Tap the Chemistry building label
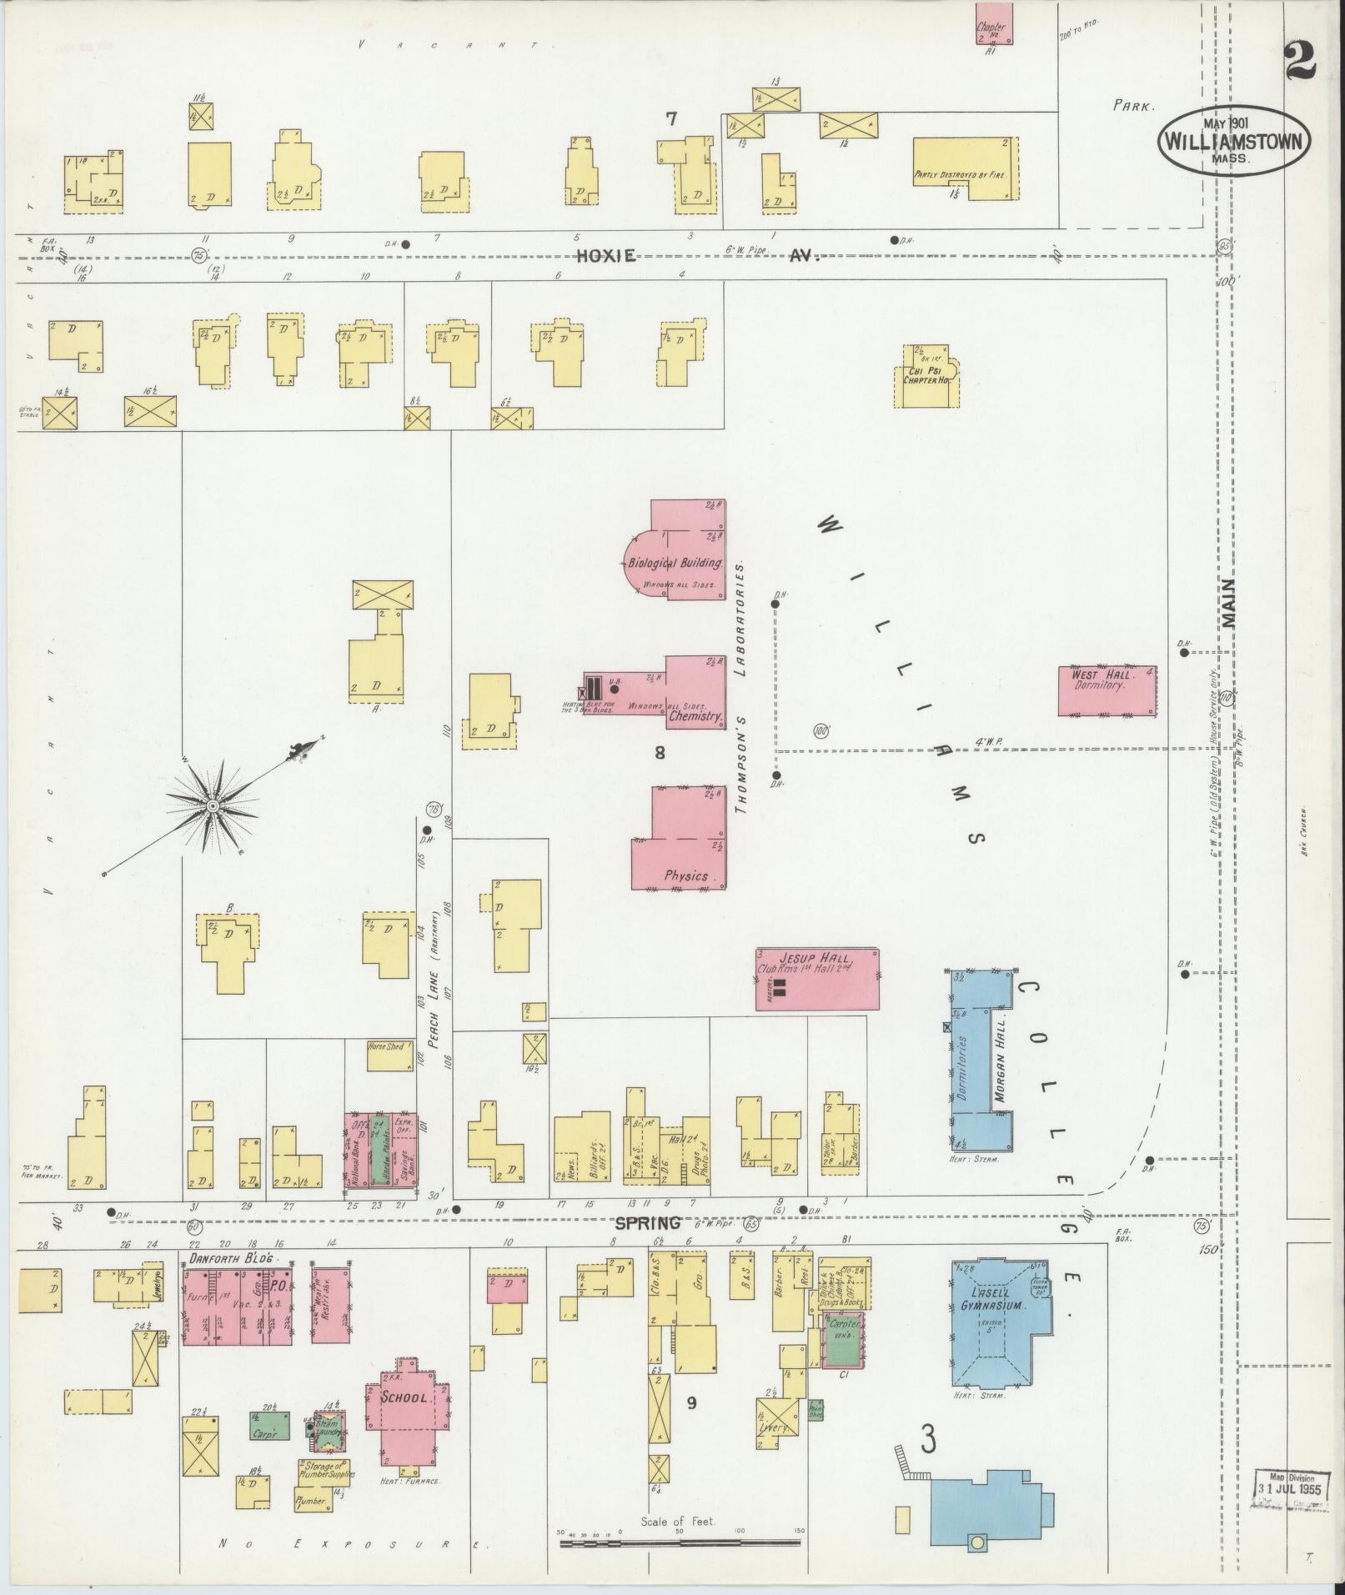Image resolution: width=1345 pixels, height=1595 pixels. [x=695, y=715]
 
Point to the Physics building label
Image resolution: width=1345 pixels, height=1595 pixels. [x=686, y=875]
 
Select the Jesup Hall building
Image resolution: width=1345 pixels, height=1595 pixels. [x=817, y=979]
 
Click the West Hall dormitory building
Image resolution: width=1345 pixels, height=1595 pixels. [x=1107, y=690]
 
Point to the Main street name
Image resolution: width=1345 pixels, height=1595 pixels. [x=1229, y=602]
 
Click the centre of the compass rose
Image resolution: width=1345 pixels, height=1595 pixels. [x=213, y=806]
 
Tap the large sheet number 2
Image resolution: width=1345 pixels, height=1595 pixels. [x=1299, y=61]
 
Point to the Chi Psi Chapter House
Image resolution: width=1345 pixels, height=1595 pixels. [x=928, y=376]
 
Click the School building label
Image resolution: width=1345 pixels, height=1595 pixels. [x=404, y=1397]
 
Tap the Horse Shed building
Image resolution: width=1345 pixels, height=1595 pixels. [x=385, y=1046]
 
